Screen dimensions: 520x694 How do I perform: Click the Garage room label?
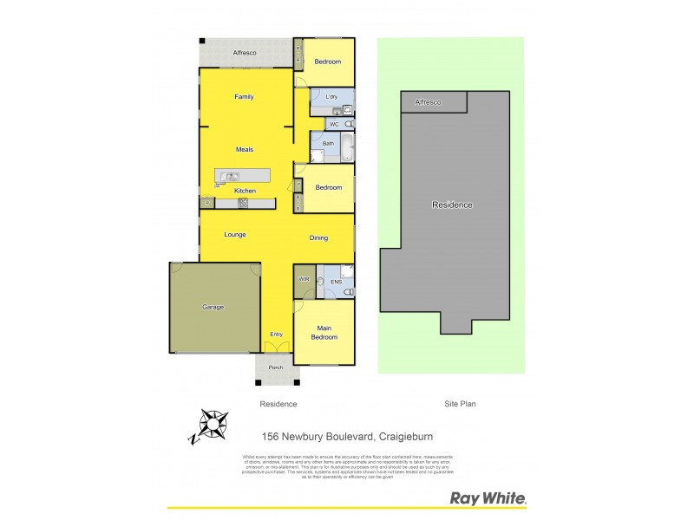[x=213, y=307]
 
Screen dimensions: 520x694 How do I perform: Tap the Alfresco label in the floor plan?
[x=244, y=54]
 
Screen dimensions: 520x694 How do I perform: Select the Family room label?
[x=244, y=96]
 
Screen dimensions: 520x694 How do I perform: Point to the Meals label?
[x=244, y=149]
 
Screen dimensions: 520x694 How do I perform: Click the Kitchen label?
[x=244, y=191]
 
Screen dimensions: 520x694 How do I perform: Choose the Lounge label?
[x=235, y=235]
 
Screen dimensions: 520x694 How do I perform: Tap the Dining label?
[x=320, y=237]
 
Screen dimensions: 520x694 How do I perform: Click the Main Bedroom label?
[x=324, y=332]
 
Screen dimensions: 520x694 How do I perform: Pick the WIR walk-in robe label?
[x=304, y=279]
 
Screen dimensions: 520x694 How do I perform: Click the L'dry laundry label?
[x=331, y=96]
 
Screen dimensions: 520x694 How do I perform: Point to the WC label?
[x=333, y=125]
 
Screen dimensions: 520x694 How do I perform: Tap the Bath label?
[x=328, y=143]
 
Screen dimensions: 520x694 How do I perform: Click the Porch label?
[x=276, y=367]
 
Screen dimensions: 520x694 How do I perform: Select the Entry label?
[x=276, y=335]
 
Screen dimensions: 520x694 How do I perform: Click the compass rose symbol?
[x=210, y=426]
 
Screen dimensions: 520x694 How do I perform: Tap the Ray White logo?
[x=488, y=498]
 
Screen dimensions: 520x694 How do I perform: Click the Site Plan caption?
[x=461, y=404]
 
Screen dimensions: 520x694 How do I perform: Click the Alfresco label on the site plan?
[x=428, y=102]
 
